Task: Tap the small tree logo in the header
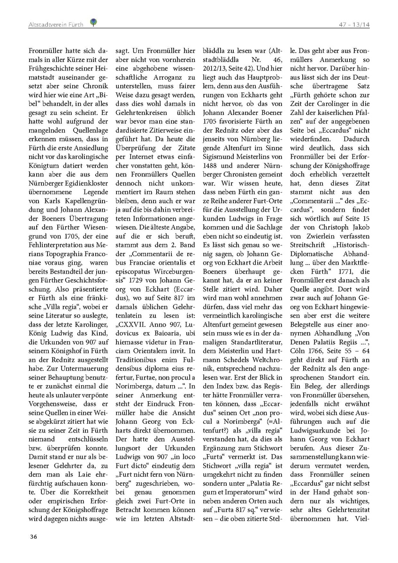93,22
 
